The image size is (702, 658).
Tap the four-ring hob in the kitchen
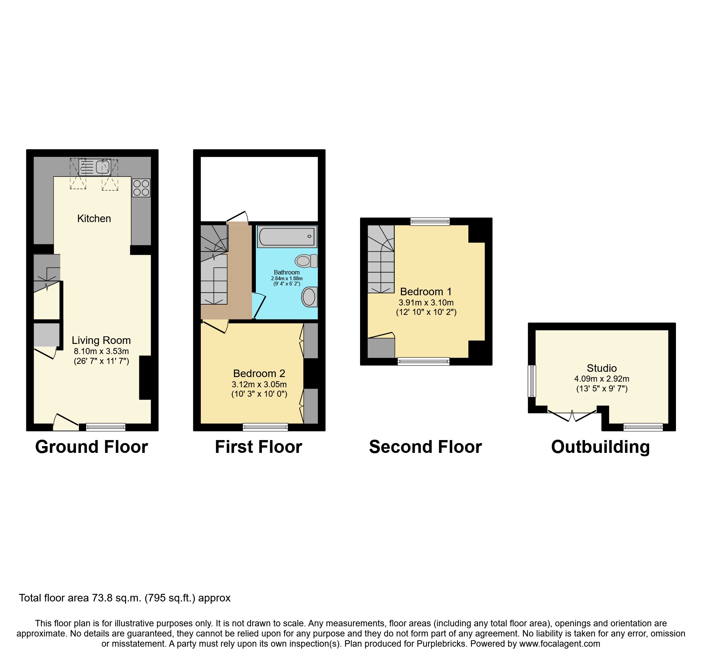click(141, 188)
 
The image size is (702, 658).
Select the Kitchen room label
click(94, 219)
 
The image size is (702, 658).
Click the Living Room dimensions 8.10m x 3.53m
click(101, 351)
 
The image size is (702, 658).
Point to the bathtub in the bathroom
click(287, 237)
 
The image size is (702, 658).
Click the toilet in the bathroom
click(306, 261)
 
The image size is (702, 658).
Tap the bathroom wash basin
click(309, 297)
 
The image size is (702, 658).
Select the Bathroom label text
click(286, 272)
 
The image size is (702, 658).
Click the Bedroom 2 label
click(259, 373)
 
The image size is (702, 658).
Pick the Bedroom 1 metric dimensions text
click(426, 302)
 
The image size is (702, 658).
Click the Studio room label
click(602, 368)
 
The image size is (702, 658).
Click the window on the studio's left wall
click(531, 381)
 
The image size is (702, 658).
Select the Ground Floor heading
click(91, 447)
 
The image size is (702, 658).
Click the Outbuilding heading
click(600, 447)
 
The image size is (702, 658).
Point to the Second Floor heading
click(425, 447)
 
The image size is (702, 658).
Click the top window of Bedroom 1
click(430, 222)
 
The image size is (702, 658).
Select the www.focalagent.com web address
click(559, 644)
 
